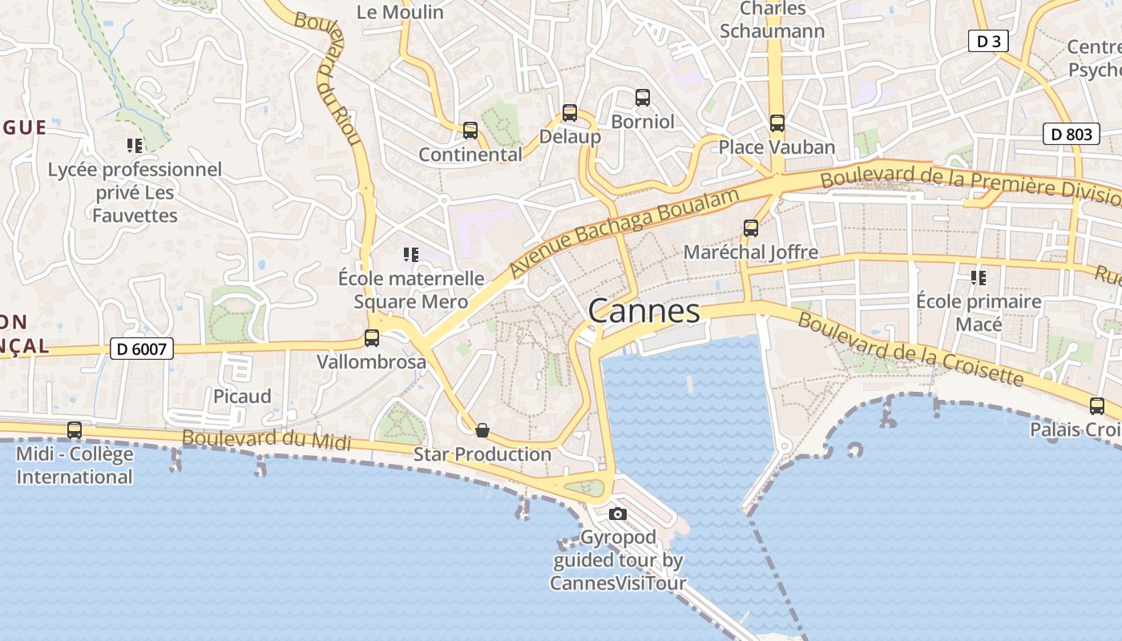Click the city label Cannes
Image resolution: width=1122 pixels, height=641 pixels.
644,311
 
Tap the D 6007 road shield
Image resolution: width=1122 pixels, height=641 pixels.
141,349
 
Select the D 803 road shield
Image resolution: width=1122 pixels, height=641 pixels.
1071,134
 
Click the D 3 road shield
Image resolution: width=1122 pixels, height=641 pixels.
987,41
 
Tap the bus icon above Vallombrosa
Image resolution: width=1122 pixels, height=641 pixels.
372,338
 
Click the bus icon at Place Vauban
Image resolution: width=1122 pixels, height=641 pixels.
777,123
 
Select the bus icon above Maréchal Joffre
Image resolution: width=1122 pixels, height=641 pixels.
751,228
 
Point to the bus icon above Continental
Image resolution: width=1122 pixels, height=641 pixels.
470,130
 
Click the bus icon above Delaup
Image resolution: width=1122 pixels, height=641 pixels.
570,113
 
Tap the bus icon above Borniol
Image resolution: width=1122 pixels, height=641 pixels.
643,98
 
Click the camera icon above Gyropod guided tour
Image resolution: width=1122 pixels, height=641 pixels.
617,514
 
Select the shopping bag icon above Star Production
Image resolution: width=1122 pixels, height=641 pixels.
482,430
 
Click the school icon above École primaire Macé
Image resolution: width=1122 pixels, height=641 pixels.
978,278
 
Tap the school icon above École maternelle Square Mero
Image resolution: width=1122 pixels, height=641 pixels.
411,255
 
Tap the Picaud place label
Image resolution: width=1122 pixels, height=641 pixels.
242,396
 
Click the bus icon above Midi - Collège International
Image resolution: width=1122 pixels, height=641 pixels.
75,430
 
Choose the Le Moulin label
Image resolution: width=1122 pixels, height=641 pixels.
400,12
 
